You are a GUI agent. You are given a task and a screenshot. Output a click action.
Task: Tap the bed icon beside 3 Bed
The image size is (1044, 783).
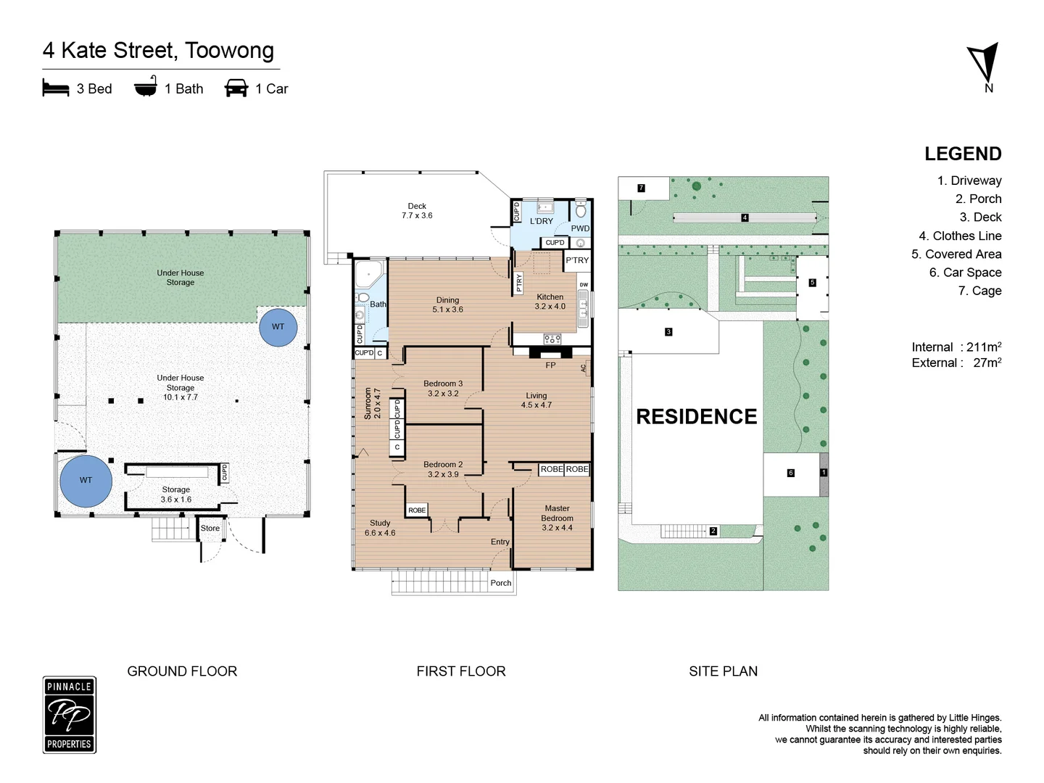(x=56, y=88)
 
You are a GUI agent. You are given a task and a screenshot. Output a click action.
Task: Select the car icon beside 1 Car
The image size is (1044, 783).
(x=236, y=88)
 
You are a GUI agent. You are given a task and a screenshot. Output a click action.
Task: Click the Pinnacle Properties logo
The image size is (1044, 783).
(x=70, y=715)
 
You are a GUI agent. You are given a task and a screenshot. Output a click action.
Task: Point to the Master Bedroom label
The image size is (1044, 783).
(x=557, y=518)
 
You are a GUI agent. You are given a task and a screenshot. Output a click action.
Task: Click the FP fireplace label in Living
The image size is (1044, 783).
(x=550, y=365)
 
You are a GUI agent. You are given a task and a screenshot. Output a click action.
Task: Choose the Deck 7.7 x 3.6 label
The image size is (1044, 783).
(x=417, y=210)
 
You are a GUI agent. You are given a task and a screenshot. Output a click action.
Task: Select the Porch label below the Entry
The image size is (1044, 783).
(x=501, y=583)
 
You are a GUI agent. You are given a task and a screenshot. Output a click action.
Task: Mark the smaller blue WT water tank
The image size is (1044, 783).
(x=278, y=327)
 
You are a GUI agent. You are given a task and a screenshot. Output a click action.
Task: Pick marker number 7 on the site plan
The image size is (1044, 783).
(x=641, y=188)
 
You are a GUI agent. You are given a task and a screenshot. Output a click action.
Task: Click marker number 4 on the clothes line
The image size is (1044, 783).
(x=745, y=217)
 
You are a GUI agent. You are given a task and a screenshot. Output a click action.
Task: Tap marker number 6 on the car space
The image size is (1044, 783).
(x=790, y=473)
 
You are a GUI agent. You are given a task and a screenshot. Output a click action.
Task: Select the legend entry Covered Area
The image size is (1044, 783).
(x=956, y=254)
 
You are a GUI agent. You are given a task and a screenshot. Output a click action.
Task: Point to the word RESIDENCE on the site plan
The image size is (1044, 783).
(x=696, y=416)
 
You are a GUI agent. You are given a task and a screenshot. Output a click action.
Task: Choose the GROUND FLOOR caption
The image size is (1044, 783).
(x=182, y=671)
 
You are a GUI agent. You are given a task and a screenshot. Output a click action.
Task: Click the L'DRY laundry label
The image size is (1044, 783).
(x=542, y=221)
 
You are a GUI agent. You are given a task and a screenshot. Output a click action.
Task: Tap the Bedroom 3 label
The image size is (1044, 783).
(x=443, y=389)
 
